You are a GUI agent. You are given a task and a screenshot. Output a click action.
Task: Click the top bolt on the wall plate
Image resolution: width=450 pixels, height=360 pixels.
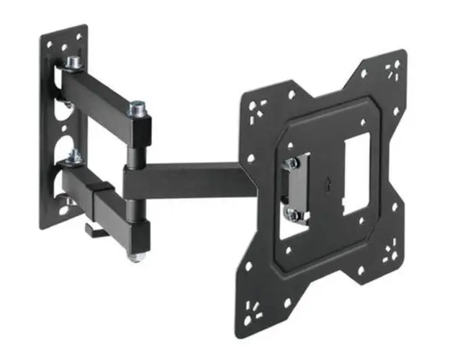73,64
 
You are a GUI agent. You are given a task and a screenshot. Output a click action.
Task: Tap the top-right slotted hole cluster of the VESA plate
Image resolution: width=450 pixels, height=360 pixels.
393,70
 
